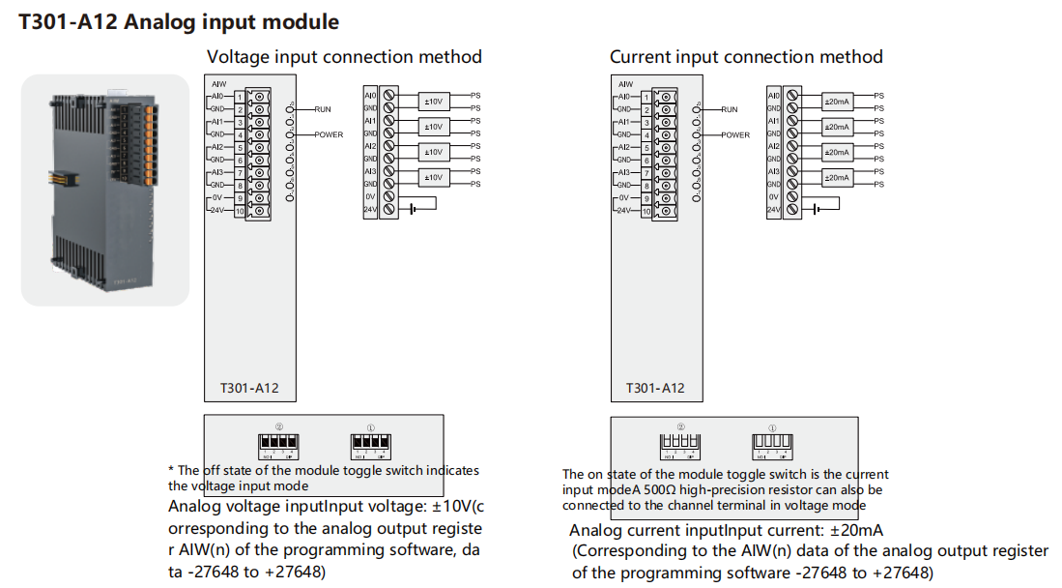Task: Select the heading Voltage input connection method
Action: coord(344,57)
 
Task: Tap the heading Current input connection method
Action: coord(746,57)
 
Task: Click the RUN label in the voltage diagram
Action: coord(323,109)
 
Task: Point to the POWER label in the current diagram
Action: coord(734,134)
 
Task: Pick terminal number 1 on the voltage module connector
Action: coord(239,97)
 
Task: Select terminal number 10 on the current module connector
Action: coord(645,210)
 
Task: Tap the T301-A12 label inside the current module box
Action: coord(655,388)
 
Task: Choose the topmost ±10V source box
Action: coord(433,102)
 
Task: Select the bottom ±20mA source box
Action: coord(837,177)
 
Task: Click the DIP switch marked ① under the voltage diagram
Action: coord(370,444)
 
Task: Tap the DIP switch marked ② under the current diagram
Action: coord(679,445)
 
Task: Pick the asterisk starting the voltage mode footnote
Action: coord(171,471)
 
